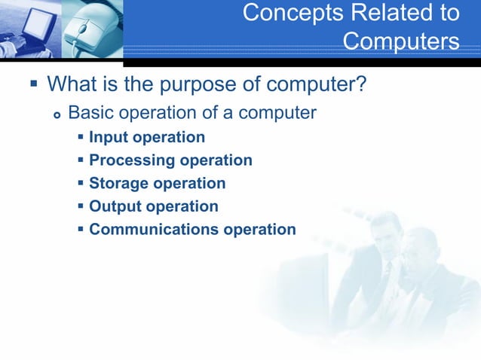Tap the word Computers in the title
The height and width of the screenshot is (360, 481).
401,41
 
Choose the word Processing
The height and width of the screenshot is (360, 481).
130,160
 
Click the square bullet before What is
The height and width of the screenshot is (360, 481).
32,82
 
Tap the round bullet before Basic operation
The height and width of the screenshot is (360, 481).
56,115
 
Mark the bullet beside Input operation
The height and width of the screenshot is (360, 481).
81,138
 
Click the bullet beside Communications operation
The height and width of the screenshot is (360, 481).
81,229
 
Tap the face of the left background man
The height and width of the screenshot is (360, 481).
388,241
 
